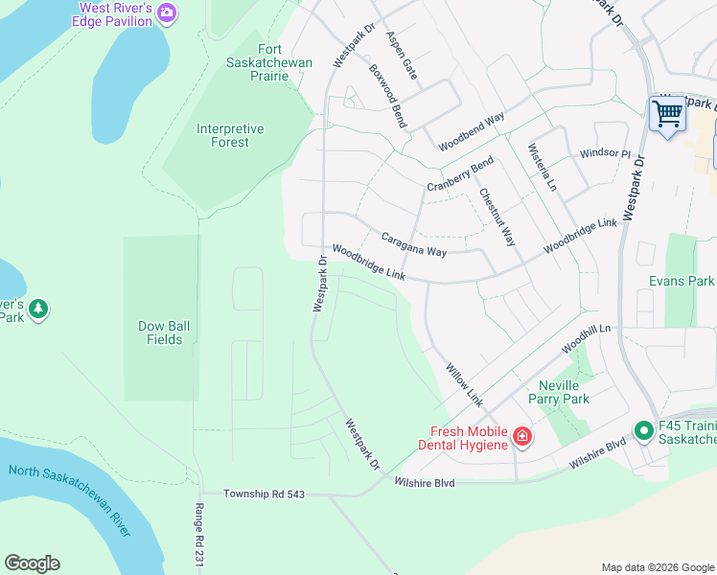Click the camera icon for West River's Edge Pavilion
[168, 12]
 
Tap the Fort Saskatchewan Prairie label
[275, 62]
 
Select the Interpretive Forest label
[229, 135]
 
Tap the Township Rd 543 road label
[264, 494]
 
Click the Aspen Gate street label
[402, 55]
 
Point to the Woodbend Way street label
[472, 132]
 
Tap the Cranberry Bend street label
[460, 173]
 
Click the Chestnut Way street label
[497, 217]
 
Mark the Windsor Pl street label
[605, 153]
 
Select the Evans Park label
[682, 281]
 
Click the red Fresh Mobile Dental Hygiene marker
[522, 438]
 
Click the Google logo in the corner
[32, 563]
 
